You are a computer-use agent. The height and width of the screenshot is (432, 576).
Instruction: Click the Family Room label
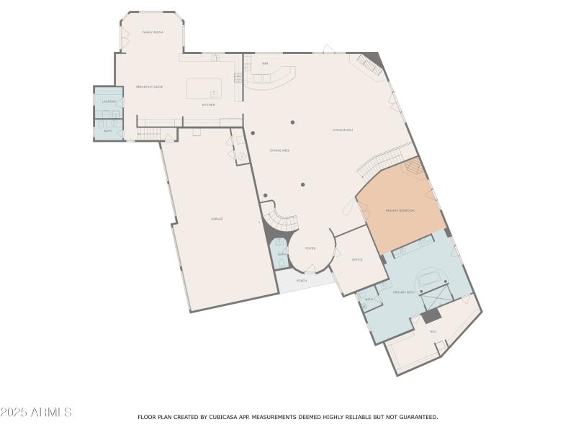pyautogui.click(x=152, y=32)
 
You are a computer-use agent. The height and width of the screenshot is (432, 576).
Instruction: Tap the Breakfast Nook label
pyautogui.click(x=149, y=87)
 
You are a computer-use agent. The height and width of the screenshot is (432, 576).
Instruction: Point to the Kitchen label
pyautogui.click(x=208, y=105)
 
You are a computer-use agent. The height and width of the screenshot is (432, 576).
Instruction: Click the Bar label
pyautogui.click(x=265, y=64)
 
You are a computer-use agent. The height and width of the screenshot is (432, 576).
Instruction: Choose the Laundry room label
pyautogui.click(x=109, y=102)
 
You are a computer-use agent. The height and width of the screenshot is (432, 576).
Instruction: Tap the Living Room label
pyautogui.click(x=342, y=130)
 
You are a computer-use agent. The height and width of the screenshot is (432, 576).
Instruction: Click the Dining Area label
pyautogui.click(x=279, y=150)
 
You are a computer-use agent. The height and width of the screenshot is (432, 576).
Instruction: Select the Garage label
pyautogui.click(x=216, y=218)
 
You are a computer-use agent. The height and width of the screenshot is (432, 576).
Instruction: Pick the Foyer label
pyautogui.click(x=310, y=248)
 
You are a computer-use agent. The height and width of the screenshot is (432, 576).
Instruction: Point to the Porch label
pyautogui.click(x=301, y=281)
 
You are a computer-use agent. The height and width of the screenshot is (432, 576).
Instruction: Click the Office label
pyautogui.click(x=357, y=259)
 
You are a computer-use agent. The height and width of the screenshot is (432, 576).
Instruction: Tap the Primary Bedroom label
pyautogui.click(x=400, y=210)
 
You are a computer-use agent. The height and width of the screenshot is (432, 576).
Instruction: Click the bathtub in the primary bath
pyautogui.click(x=431, y=277)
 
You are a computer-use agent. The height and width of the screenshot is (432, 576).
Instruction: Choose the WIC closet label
pyautogui.click(x=433, y=331)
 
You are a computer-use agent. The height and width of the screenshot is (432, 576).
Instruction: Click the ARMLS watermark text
pyautogui.click(x=36, y=413)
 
